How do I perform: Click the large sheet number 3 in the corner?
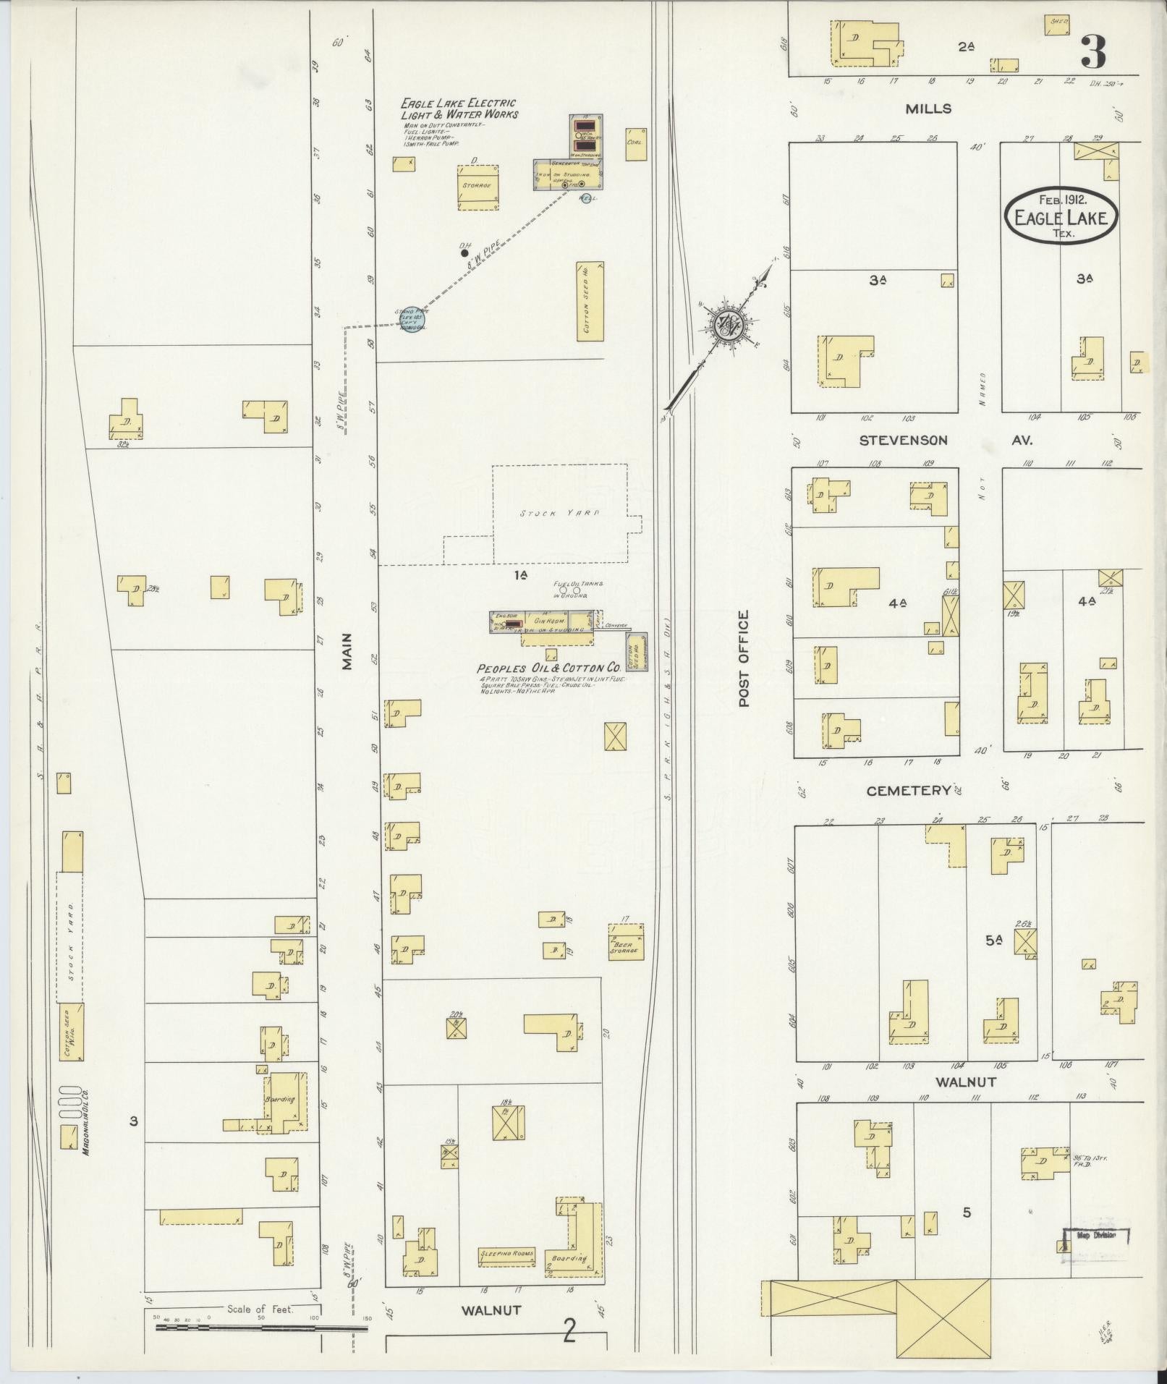1093,51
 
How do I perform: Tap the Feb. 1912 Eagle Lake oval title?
1061,215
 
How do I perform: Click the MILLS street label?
928,109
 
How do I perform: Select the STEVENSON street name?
904,440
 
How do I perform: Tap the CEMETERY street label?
908,791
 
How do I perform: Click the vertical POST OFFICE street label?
743,658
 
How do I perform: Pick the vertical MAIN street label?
347,651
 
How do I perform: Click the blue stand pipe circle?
414,318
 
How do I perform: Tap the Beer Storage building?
627,941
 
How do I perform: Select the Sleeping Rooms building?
506,1254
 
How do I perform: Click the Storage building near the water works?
478,187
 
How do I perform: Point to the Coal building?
636,144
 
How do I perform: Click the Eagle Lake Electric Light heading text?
459,109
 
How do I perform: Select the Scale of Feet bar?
260,1328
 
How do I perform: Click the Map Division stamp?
1095,1236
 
